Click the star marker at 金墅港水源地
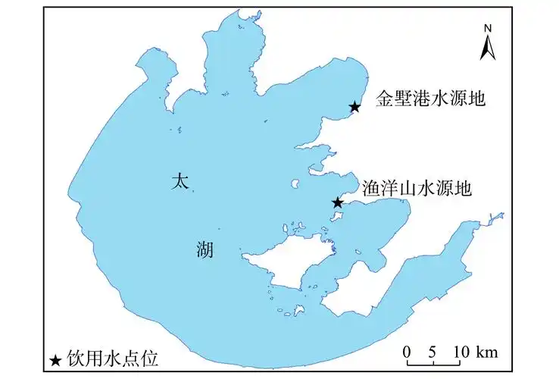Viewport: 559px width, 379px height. coord(354,107)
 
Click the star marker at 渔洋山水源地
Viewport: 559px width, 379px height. coord(338,202)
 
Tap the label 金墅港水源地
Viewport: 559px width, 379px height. coord(430,98)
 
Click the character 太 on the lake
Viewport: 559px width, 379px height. coord(179,181)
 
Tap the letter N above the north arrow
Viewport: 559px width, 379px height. coord(489,28)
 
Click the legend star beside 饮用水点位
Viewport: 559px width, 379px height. coord(55,360)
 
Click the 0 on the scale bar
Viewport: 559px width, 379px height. coord(407,352)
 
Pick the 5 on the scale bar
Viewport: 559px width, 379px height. coord(433,352)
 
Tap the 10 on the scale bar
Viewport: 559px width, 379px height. coord(462,352)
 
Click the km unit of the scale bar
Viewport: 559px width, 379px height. coord(489,352)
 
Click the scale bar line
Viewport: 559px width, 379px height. coord(435,365)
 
